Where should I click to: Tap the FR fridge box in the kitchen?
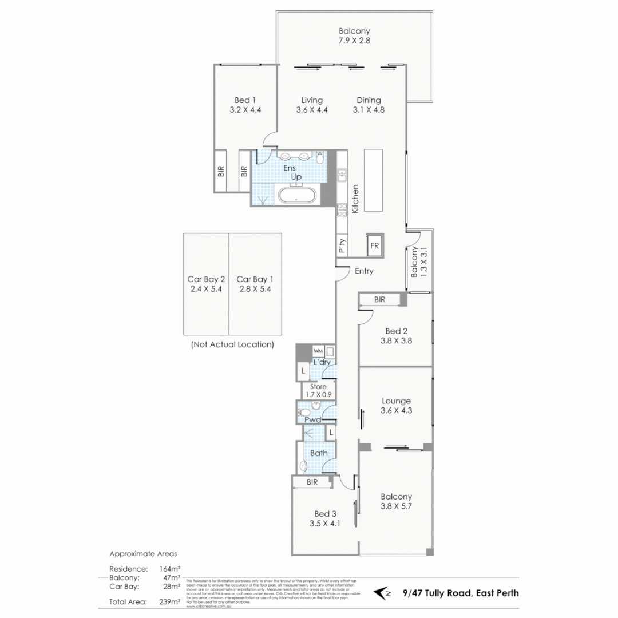pos(375,245)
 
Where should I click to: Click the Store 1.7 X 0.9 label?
pos(316,391)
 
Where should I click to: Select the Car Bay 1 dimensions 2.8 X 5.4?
pos(255,289)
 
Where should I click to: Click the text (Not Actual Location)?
pos(232,344)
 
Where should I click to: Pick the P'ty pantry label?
pos(342,246)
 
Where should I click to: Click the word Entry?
pos(364,271)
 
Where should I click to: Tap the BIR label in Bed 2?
pos(379,299)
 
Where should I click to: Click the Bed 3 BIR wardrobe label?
pos(312,482)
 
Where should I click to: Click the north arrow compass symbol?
pos(382,593)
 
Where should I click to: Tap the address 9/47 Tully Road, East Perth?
pos(461,593)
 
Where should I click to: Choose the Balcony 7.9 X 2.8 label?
pos(354,36)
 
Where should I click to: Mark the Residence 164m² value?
pos(171,569)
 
